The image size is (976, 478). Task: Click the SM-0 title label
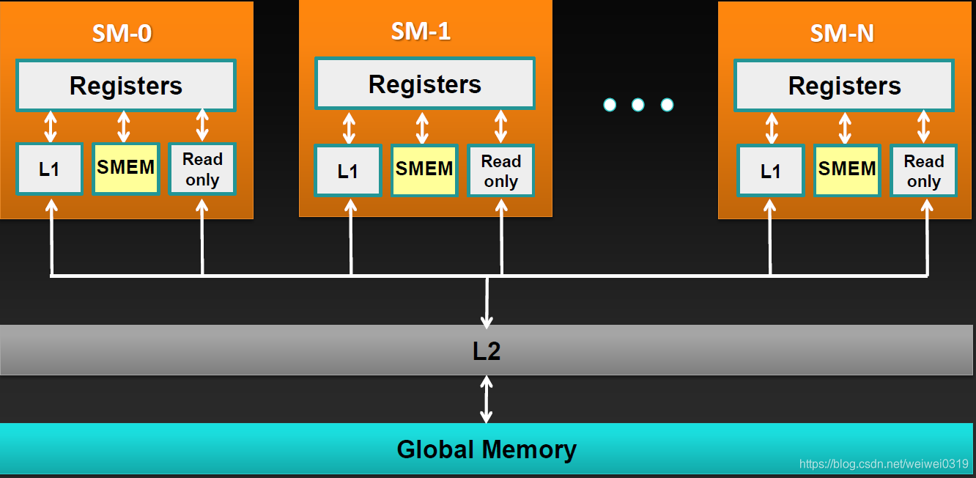click(x=122, y=33)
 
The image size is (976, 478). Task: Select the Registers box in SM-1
click(x=424, y=84)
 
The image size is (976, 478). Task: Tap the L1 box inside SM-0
click(x=49, y=169)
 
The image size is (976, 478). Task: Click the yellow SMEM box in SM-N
click(x=847, y=169)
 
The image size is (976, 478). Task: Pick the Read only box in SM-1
click(x=501, y=171)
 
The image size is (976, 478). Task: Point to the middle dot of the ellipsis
click(x=637, y=105)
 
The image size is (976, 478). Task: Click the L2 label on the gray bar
click(x=487, y=351)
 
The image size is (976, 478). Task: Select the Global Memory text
click(x=487, y=449)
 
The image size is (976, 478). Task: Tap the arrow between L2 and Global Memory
click(x=487, y=399)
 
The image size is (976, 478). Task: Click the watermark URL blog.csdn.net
click(x=883, y=463)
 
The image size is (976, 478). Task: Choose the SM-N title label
click(x=842, y=33)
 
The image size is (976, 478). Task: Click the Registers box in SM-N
click(x=844, y=86)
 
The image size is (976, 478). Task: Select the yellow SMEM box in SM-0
click(x=126, y=168)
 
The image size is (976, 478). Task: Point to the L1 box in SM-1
click(x=348, y=171)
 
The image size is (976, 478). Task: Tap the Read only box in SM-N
click(x=923, y=171)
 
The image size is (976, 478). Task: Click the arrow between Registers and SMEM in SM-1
click(x=422, y=127)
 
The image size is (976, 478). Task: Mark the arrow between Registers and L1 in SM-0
click(x=50, y=126)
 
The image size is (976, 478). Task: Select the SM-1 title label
click(x=421, y=31)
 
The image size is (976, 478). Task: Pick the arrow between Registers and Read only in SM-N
click(x=923, y=127)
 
